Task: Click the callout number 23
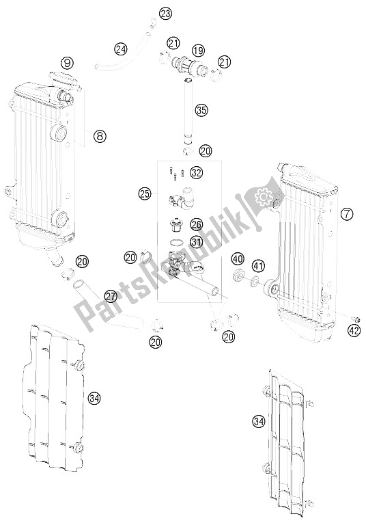point(165,14)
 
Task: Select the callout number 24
point(121,50)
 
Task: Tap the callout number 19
point(198,51)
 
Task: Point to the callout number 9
point(67,62)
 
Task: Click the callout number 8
point(100,135)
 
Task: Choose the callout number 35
point(201,110)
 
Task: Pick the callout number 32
point(196,172)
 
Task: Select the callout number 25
point(145,193)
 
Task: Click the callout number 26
point(196,224)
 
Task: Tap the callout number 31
point(196,241)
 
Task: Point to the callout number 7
point(347,214)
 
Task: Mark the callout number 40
point(238,258)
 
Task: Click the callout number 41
point(258,266)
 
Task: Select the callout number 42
point(354,331)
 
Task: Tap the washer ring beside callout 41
point(254,282)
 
